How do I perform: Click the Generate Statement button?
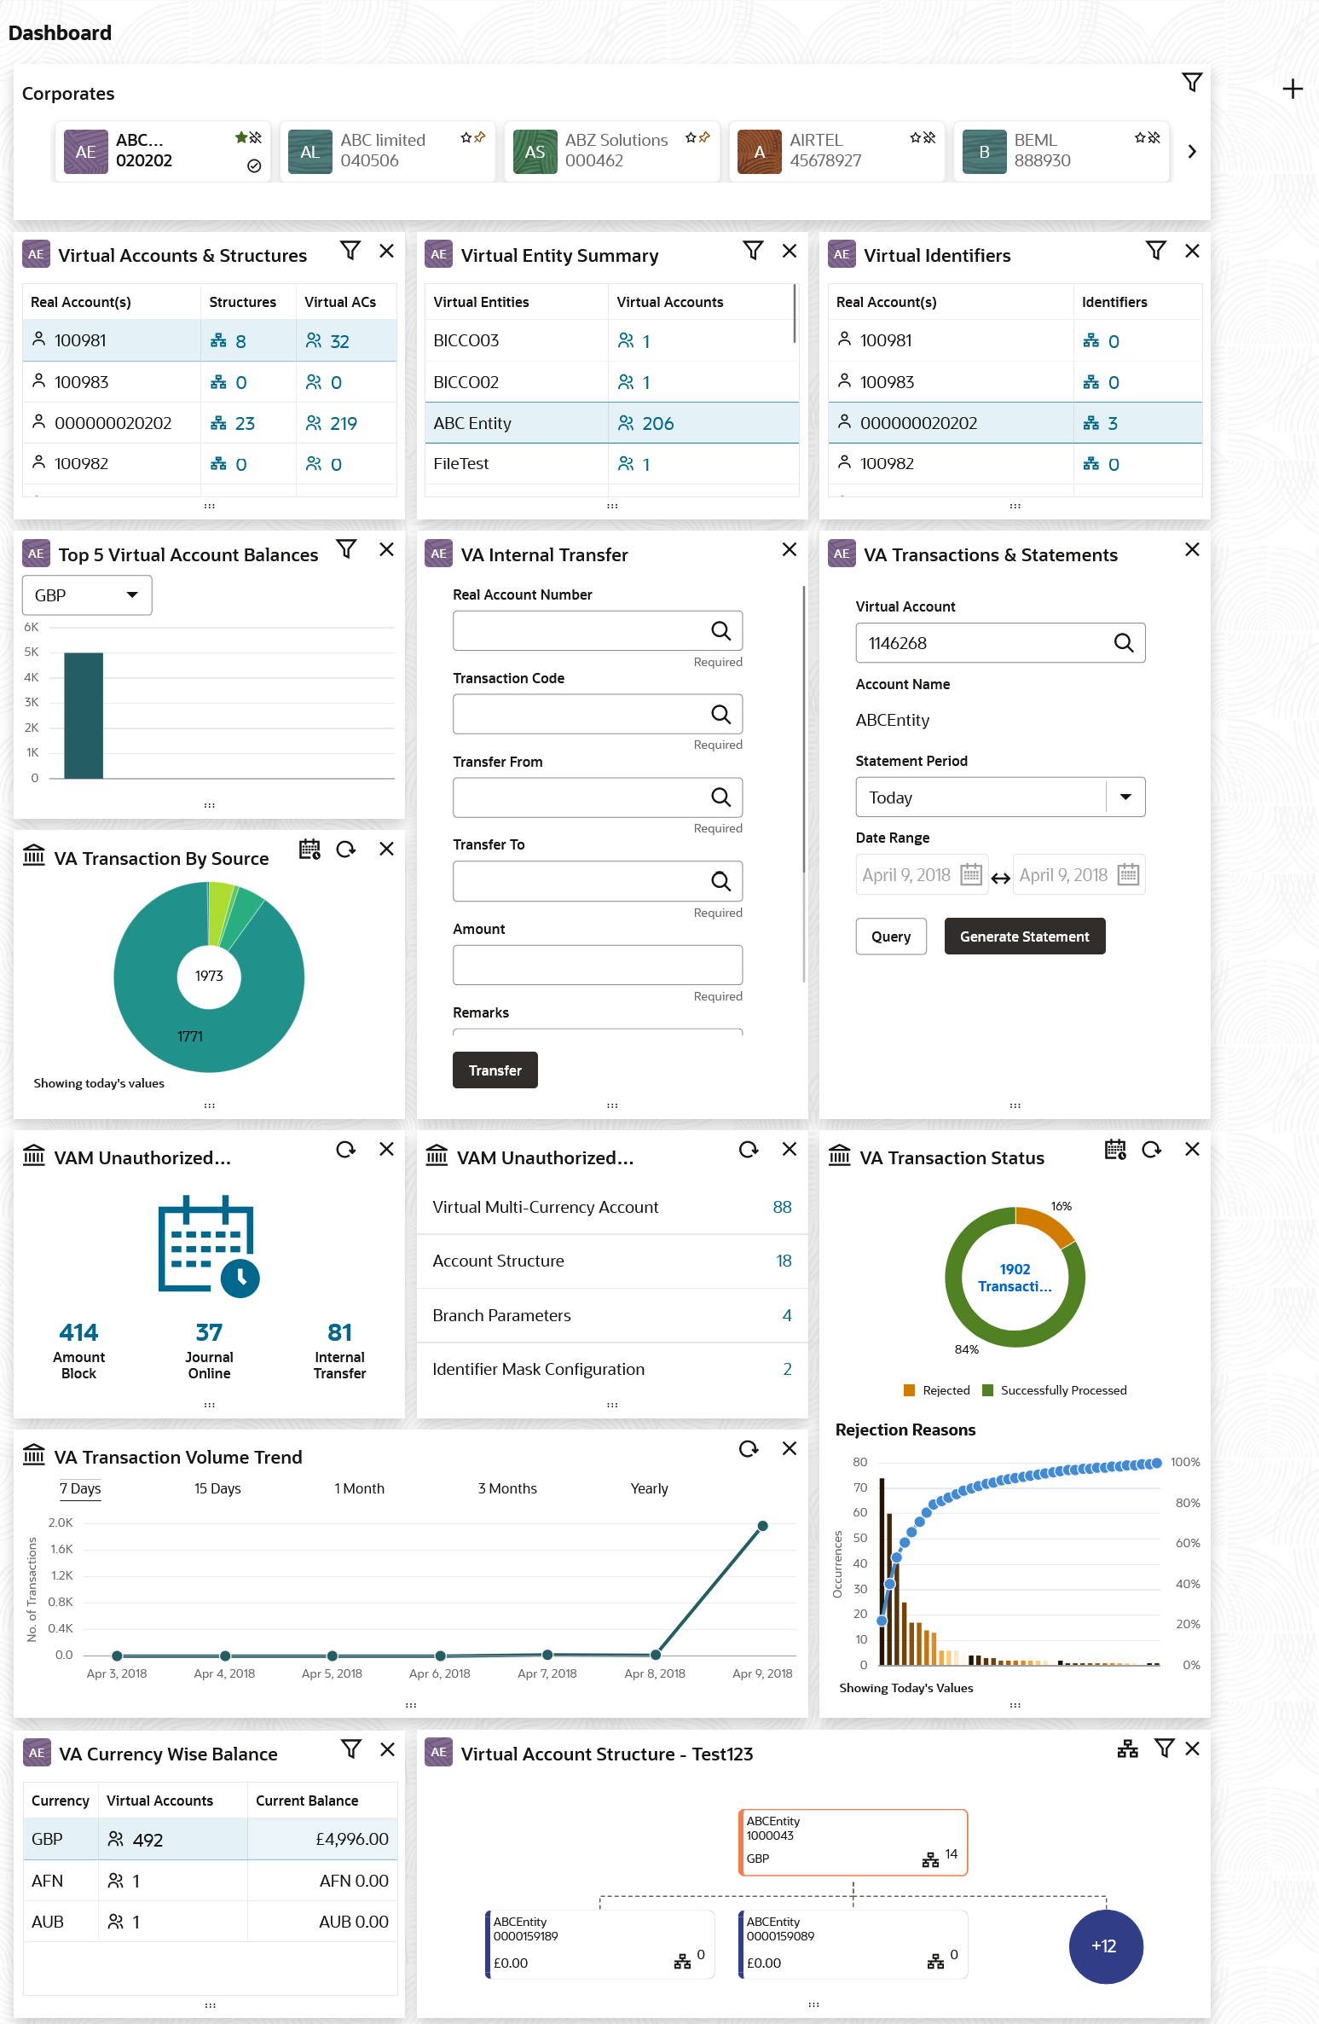(x=1024, y=937)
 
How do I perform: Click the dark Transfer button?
(x=495, y=1070)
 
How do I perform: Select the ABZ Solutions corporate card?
(x=611, y=151)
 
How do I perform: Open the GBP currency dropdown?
(x=87, y=595)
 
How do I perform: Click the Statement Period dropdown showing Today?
(x=999, y=797)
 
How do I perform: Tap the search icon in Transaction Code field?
(x=720, y=715)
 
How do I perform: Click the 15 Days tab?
(x=217, y=1488)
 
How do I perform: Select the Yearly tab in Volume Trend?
(x=649, y=1488)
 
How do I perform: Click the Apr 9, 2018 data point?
(x=762, y=1526)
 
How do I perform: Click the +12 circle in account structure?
(x=1105, y=1946)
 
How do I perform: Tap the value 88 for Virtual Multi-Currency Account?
(x=782, y=1207)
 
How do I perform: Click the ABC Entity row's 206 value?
(x=657, y=424)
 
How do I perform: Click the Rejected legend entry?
(x=937, y=1390)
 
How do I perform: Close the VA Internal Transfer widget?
(x=790, y=550)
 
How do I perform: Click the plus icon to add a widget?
(x=1293, y=90)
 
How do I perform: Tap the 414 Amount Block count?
(x=78, y=1332)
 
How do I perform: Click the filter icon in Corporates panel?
(x=1192, y=83)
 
